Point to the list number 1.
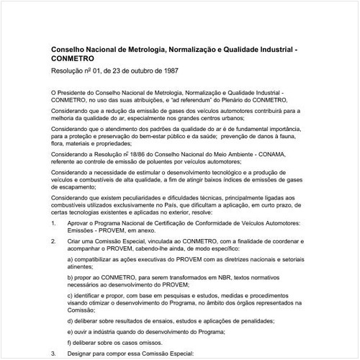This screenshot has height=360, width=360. pyautogui.click(x=53, y=224)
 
